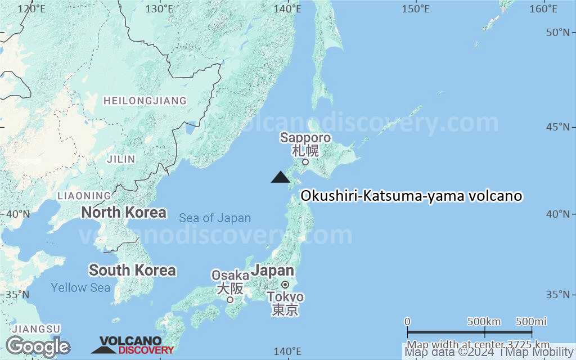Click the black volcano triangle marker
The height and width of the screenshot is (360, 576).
280,177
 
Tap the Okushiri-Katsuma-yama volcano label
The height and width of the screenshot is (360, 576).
412,196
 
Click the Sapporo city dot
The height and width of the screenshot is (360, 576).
305,162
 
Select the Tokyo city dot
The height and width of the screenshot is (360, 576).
285,285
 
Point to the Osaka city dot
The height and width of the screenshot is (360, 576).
230,299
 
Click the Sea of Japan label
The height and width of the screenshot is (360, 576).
215,218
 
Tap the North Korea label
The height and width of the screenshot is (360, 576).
124,213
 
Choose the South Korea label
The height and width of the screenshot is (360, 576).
132,271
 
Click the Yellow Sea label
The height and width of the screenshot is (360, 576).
80,288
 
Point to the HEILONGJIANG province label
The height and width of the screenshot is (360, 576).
145,101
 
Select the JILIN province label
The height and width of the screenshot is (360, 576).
121,159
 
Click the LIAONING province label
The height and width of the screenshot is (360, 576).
84,196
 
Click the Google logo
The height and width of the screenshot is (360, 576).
38,346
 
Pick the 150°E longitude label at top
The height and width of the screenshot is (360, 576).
416,9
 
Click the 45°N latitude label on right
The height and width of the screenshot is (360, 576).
561,127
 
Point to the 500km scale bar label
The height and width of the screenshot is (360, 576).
484,322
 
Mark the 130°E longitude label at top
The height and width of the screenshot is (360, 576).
159,9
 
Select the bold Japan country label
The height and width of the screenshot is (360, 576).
272,271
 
